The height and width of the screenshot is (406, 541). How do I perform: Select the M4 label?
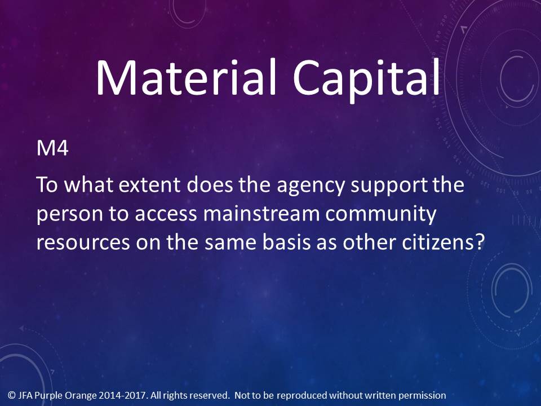tap(52, 148)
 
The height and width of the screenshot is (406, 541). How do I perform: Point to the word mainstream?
tap(261, 214)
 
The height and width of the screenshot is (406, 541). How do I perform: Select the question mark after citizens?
tap(480, 242)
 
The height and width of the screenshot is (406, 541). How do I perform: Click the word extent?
tap(149, 186)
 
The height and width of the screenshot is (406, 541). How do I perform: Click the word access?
tap(166, 215)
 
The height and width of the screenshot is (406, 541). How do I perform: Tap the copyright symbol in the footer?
tap(12, 395)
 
